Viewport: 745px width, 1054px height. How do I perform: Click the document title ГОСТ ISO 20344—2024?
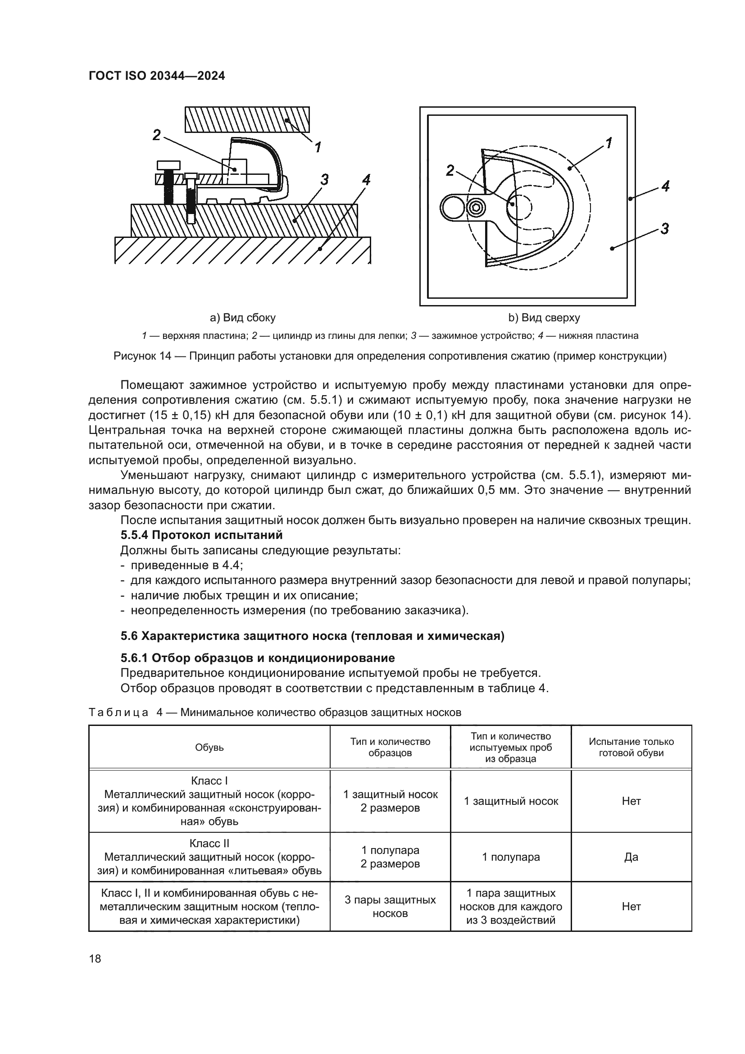tap(156, 76)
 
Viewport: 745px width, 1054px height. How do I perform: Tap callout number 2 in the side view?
tap(157, 135)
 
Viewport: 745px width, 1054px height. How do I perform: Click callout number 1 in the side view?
tap(318, 147)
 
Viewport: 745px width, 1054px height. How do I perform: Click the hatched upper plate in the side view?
tap(247, 119)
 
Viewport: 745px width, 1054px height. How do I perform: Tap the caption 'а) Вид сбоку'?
tap(243, 318)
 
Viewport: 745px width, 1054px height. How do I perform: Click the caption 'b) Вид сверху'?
tap(544, 318)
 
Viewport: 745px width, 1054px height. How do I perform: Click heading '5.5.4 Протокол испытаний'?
tap(201, 535)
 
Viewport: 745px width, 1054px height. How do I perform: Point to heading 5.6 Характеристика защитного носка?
tap(313, 636)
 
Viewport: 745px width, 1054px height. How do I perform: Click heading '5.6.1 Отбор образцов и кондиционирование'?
tap(257, 658)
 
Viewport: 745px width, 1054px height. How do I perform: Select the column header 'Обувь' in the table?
tap(209, 747)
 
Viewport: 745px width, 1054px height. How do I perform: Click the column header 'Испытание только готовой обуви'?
tap(631, 747)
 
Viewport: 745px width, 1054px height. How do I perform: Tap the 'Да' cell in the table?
tap(631, 857)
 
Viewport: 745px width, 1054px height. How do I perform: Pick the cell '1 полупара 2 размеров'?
tap(390, 857)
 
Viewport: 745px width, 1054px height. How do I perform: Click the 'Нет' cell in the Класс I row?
tap(631, 802)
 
